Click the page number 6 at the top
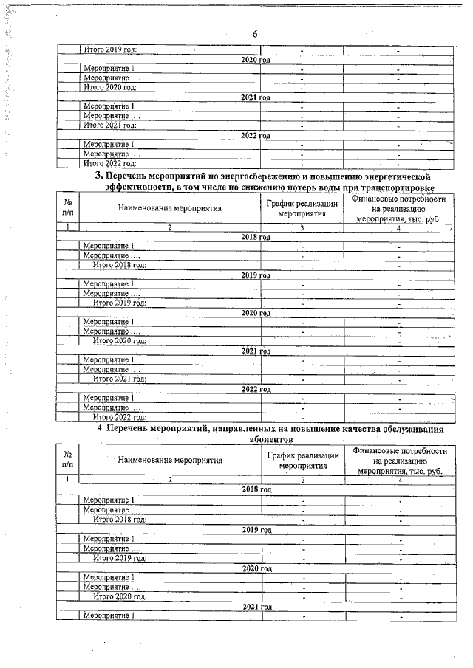(x=254, y=35)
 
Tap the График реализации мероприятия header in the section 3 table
(x=302, y=209)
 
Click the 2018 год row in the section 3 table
(x=256, y=237)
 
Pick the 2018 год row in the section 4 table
(x=256, y=489)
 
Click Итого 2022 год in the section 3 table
(x=119, y=417)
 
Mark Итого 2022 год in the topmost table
(x=110, y=163)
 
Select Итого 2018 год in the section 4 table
(x=119, y=520)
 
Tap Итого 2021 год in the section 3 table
(x=119, y=379)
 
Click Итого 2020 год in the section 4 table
(x=119, y=596)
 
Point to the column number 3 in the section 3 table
(x=302, y=228)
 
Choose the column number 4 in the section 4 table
(x=399, y=480)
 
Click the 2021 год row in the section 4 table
(x=256, y=606)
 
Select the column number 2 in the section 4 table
(x=170, y=480)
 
